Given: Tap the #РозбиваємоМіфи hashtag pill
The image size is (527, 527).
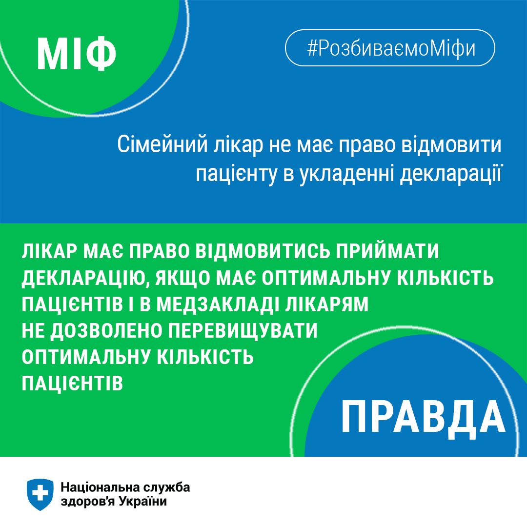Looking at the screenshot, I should point(390,48).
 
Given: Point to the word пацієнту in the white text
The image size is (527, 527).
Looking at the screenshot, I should point(229,173).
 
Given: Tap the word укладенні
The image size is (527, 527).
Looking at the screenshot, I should point(342,173).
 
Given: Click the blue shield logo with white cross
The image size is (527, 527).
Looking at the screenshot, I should point(41,494).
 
